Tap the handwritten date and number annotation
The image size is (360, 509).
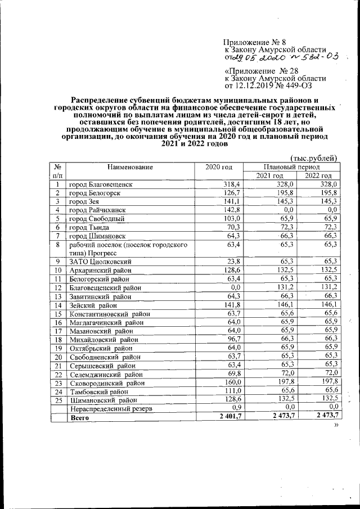[281, 57]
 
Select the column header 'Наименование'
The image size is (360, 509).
[131, 167]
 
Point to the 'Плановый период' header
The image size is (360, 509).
[291, 167]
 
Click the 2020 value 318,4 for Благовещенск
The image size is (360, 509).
[232, 184]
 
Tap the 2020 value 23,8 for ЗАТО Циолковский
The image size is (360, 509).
[233, 262]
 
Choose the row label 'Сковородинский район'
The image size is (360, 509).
[107, 383]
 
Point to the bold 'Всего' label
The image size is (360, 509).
[79, 418]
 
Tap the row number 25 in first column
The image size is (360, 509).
[58, 400]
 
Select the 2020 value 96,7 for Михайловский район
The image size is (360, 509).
[233, 339]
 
